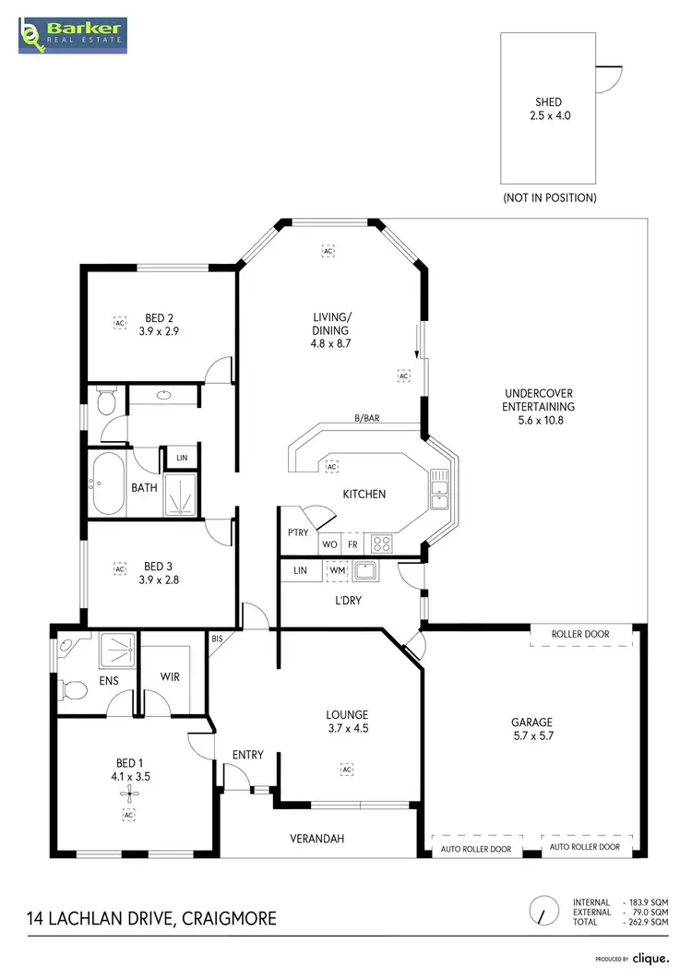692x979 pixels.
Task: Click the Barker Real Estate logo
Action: tap(73, 36)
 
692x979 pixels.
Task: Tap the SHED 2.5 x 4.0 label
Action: tap(549, 109)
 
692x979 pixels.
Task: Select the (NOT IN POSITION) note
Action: tap(549, 197)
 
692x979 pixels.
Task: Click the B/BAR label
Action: tap(366, 418)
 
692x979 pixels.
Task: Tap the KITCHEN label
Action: tap(364, 494)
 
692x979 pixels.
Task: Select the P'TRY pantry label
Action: tap(298, 534)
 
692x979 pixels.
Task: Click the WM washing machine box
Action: tap(337, 571)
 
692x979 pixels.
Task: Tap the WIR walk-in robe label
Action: tap(170, 676)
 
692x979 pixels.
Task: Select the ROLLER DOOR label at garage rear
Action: tap(581, 635)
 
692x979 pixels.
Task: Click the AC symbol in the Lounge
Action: tap(347, 769)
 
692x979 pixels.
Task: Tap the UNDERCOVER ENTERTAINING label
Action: tap(538, 406)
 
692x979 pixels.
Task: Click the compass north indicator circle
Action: tap(545, 911)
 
